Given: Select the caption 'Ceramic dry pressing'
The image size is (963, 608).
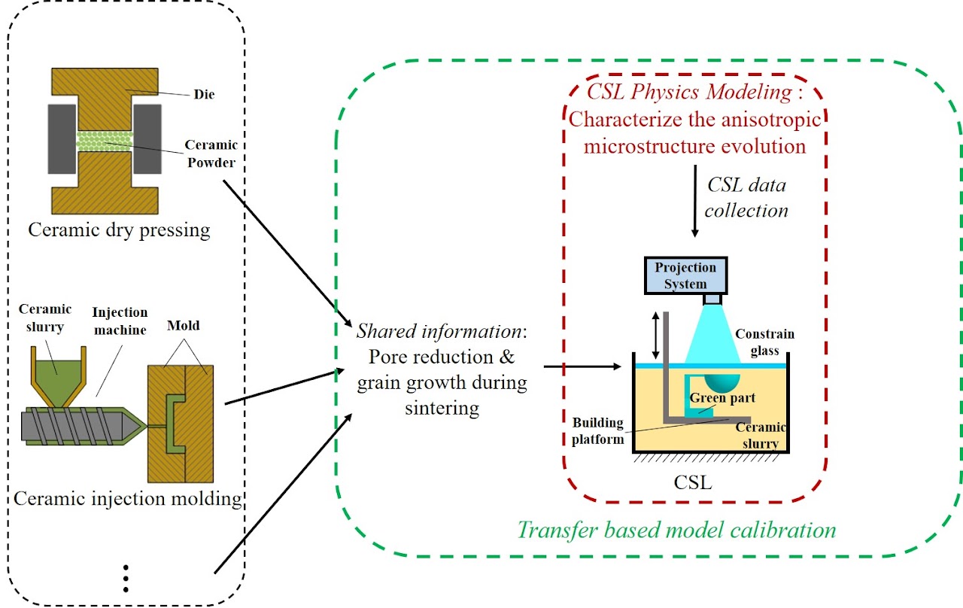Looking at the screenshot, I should [x=119, y=229].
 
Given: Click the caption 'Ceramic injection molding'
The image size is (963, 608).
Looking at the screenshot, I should [x=128, y=498].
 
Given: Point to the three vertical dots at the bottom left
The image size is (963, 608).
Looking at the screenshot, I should [x=126, y=577].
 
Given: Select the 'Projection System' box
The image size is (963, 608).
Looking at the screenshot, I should [x=685, y=275].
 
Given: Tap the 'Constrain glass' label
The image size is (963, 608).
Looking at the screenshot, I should [x=764, y=341].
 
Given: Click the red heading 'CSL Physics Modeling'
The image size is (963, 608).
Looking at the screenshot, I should [x=689, y=93].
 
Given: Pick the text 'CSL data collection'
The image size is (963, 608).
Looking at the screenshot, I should [x=746, y=197].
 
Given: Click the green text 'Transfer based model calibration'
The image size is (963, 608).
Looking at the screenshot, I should [x=676, y=529].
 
